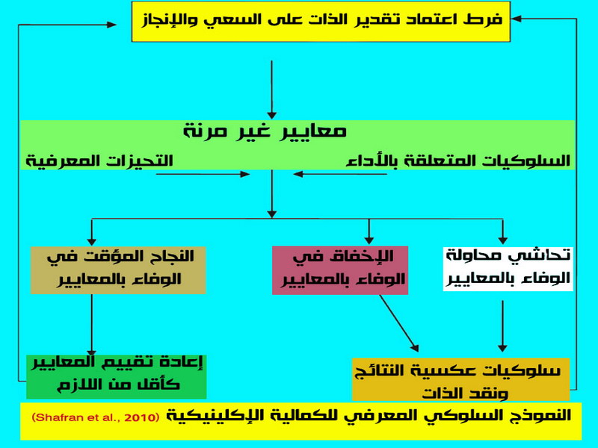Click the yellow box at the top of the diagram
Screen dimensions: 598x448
[x=321, y=22]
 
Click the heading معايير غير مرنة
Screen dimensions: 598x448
[x=265, y=131]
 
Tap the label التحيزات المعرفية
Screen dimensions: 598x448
[x=99, y=161]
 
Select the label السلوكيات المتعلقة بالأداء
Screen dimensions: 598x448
[x=458, y=161]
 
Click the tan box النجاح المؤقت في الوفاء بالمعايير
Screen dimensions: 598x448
[x=118, y=270]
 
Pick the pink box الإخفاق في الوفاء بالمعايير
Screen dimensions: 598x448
[x=340, y=270]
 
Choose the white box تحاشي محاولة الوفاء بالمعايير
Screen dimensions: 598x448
[x=508, y=269]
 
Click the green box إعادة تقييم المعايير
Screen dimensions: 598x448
[x=117, y=377]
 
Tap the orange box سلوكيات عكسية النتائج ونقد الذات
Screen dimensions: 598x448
[x=460, y=379]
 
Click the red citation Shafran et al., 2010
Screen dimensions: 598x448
[x=96, y=417]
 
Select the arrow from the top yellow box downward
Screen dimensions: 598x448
[x=272, y=90]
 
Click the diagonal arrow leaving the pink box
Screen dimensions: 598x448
[x=399, y=323]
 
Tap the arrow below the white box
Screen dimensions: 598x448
[x=502, y=326]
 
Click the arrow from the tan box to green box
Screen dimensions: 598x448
[x=91, y=325]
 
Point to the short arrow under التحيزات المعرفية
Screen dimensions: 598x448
[x=203, y=174]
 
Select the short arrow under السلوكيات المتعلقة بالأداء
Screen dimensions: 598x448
[x=340, y=174]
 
